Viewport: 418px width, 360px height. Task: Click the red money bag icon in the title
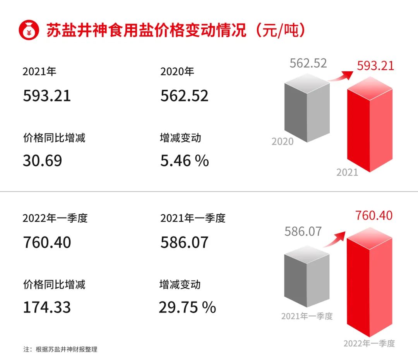tap(29, 30)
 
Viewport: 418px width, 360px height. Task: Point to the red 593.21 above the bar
tap(375, 65)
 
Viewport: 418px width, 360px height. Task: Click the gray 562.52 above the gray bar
tap(308, 63)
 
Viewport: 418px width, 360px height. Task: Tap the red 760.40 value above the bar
tap(374, 215)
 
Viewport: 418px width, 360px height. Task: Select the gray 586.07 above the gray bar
tap(303, 231)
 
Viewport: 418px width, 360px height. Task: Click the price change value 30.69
tap(42, 160)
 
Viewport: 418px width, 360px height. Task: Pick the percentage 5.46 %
tap(185, 160)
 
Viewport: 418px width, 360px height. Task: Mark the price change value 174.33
tap(47, 307)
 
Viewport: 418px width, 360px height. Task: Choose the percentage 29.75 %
tap(187, 307)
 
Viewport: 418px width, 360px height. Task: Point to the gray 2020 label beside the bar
tap(282, 142)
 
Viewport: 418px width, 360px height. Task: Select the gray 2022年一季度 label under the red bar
tap(369, 343)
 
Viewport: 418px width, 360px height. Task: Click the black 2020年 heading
tap(177, 72)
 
